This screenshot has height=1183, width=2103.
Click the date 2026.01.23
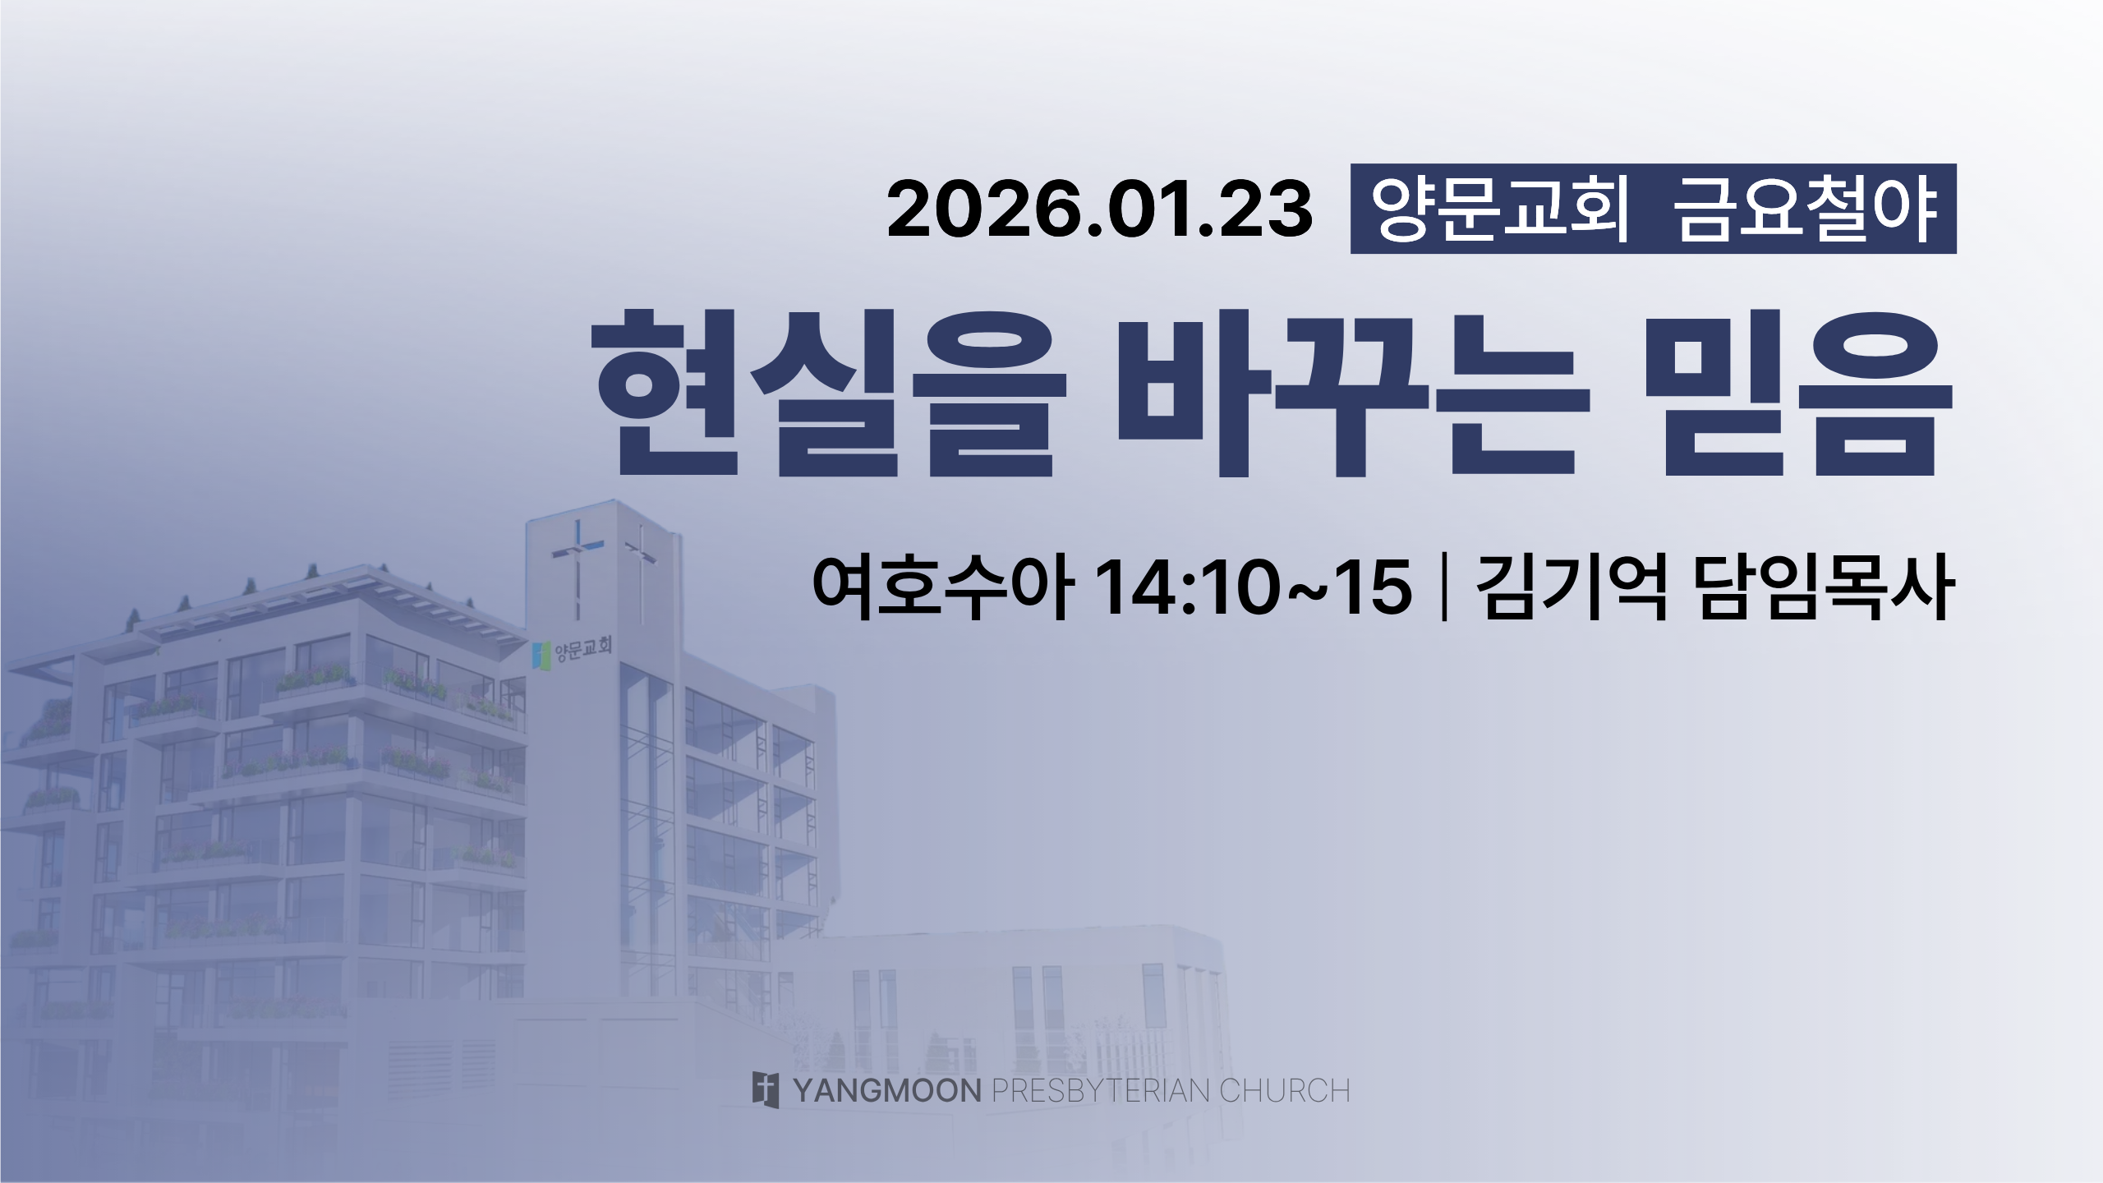(x=1100, y=211)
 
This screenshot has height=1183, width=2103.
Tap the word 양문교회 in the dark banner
(x=1501, y=210)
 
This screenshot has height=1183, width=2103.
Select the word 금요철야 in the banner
(x=1804, y=210)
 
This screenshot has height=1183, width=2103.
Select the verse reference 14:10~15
(x=1254, y=588)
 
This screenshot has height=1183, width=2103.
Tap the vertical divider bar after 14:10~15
(x=1443, y=588)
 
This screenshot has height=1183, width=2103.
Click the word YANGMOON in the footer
(x=887, y=1091)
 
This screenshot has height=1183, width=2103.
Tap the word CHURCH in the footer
(x=1285, y=1091)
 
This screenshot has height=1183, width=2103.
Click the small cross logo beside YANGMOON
(x=766, y=1090)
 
